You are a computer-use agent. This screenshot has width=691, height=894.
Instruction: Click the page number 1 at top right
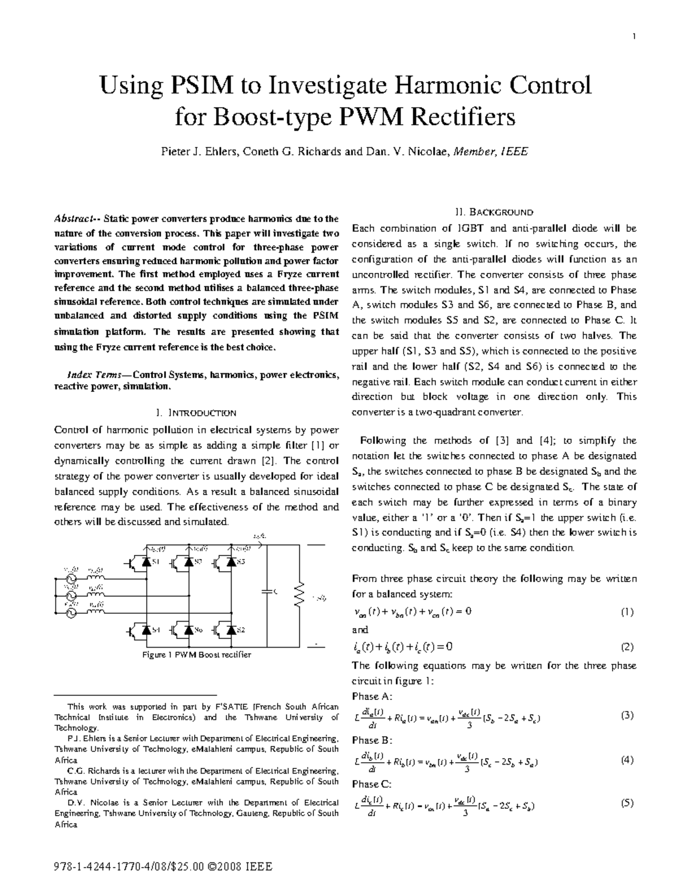pos(633,38)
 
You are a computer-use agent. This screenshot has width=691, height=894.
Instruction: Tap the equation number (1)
pos(627,613)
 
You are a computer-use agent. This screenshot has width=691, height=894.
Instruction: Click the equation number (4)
pos(627,760)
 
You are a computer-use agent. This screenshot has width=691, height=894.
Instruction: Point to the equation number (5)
pos(627,804)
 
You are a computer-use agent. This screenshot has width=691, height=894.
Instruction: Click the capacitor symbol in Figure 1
pos(267,591)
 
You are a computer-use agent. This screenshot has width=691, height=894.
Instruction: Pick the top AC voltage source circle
pos(73,579)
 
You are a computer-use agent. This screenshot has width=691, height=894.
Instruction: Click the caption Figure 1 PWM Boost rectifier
pos(196,655)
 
